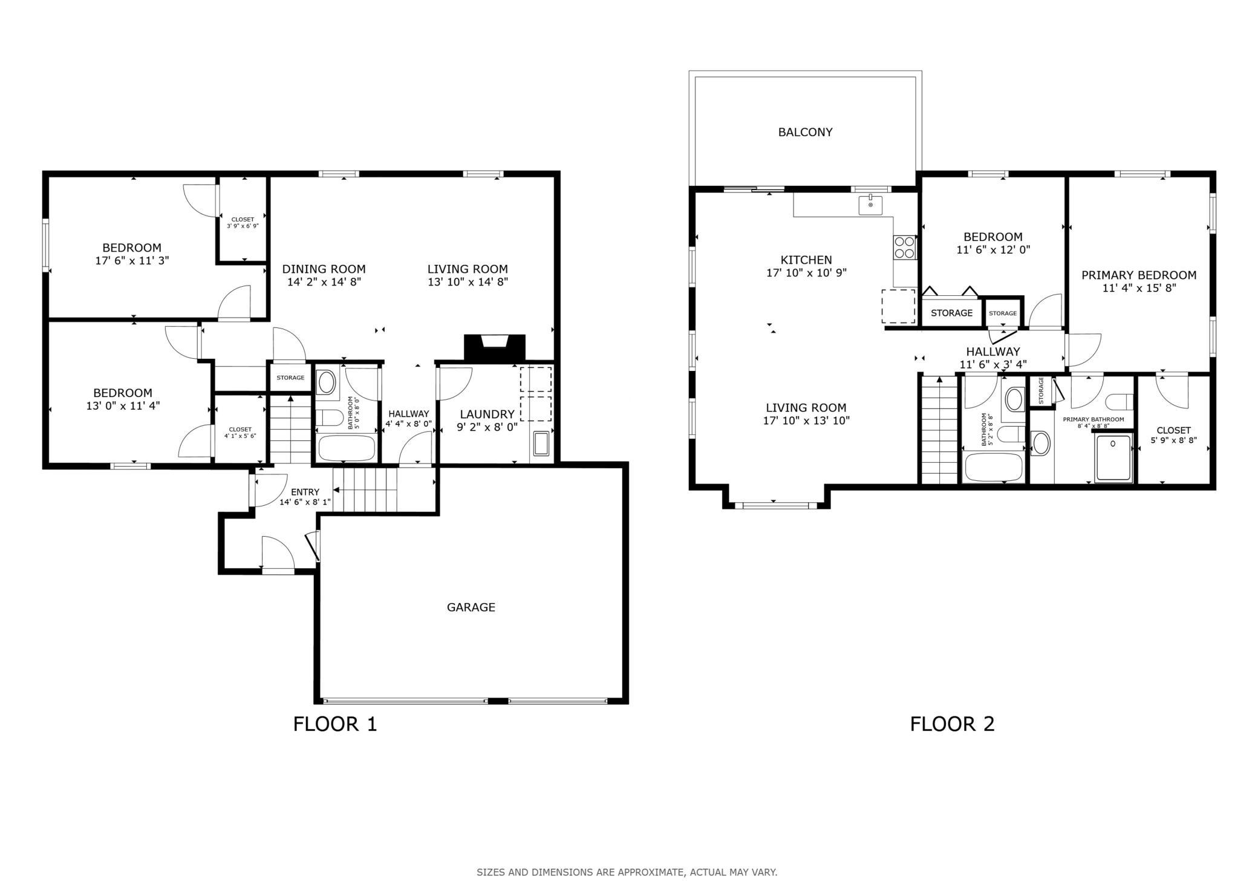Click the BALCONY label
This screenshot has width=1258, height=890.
(805, 132)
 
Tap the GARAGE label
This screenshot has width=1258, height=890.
(471, 607)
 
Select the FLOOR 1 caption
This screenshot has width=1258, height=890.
(335, 724)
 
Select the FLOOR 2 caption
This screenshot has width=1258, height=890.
(952, 724)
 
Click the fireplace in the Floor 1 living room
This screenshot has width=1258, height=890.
(494, 347)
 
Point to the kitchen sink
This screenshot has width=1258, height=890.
(870, 205)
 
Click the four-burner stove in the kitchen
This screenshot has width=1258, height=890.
(905, 247)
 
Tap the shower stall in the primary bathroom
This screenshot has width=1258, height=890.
(1113, 458)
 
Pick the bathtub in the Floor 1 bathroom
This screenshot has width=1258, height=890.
(347, 448)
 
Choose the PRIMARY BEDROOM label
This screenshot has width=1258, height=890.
(1139, 275)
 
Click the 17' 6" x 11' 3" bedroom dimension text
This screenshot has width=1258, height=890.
(132, 261)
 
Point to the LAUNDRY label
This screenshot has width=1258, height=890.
(487, 414)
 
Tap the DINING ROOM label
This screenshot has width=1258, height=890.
(324, 269)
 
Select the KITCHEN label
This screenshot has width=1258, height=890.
(806, 260)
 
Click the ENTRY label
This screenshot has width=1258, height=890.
(305, 492)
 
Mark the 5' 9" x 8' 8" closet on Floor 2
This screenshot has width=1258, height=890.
(1173, 430)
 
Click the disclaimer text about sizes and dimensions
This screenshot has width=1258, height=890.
(627, 872)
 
